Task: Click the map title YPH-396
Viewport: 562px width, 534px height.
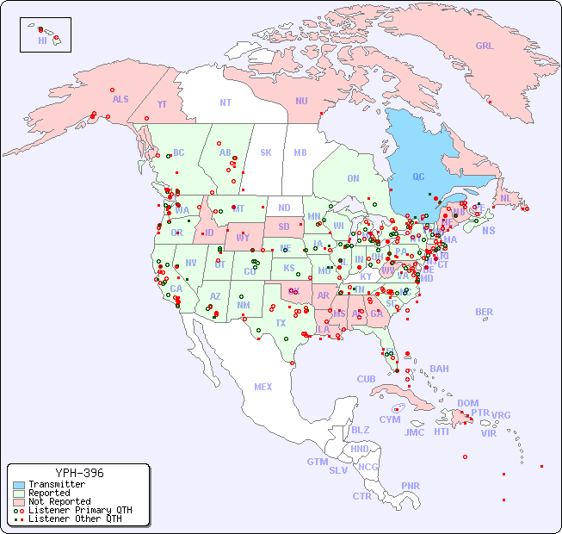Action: point(79,473)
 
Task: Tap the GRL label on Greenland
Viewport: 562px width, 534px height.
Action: point(485,47)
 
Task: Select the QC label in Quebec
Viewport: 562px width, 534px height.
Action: point(418,177)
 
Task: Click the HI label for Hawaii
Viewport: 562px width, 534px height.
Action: point(42,40)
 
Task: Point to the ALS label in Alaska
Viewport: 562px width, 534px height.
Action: point(120,99)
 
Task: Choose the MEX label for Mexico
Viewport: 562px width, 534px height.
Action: point(263,387)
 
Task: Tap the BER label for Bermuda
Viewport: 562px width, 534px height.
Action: point(484,312)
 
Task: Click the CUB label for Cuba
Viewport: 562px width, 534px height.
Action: point(366,379)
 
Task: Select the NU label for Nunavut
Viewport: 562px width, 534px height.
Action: point(301,101)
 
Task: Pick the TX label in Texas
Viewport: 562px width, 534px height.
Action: point(281,323)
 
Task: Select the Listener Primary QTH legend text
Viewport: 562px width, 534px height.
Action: point(79,510)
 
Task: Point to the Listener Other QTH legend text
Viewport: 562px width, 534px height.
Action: point(75,518)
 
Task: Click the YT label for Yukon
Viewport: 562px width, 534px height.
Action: point(162,104)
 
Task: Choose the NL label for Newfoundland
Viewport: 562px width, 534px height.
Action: point(505,197)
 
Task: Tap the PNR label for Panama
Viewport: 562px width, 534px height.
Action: point(411,486)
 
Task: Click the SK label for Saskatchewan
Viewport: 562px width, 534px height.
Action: point(266,152)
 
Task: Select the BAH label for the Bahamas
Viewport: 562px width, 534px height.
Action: point(439,369)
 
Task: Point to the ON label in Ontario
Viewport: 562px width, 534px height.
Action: point(353,178)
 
